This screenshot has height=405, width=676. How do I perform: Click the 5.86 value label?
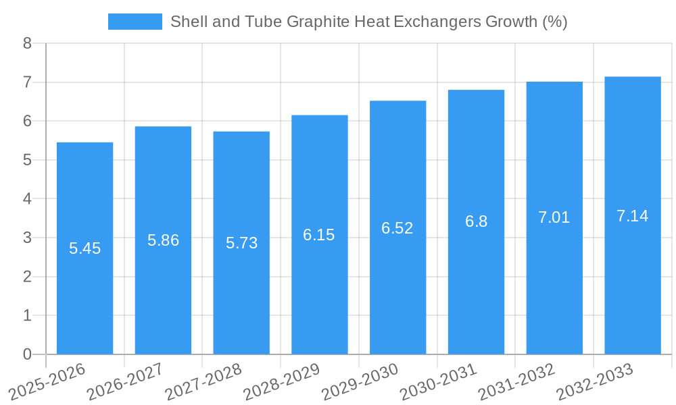coord(163,240)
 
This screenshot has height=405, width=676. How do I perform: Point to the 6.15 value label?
coord(319,235)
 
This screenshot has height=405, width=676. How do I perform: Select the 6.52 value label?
coord(397,228)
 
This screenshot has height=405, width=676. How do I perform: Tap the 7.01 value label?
coord(554,217)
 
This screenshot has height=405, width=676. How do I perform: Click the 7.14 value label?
coord(633,216)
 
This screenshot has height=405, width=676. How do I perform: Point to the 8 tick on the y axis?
coord(27,44)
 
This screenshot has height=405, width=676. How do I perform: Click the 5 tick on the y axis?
coord(27,161)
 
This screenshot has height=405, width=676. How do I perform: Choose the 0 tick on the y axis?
coord(27,354)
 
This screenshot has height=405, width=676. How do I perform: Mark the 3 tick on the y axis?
coord(27,238)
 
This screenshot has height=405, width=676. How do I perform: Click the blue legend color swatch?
coord(135,22)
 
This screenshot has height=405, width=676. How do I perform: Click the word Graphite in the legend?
coord(313,22)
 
